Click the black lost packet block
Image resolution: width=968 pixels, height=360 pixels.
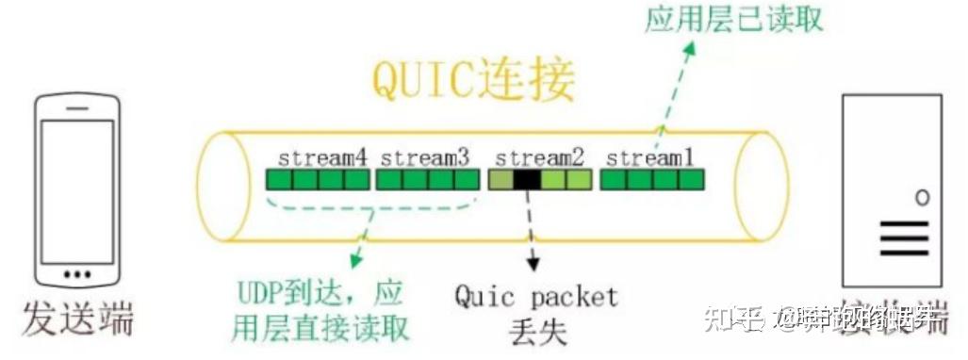(x=527, y=179)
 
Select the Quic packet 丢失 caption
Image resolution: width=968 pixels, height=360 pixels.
(x=536, y=312)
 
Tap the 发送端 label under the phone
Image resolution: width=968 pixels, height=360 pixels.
(x=80, y=319)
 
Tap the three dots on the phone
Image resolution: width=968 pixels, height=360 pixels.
(x=76, y=274)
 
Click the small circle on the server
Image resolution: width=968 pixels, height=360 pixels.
(x=922, y=197)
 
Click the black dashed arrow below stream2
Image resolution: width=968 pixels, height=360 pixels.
(x=533, y=231)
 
